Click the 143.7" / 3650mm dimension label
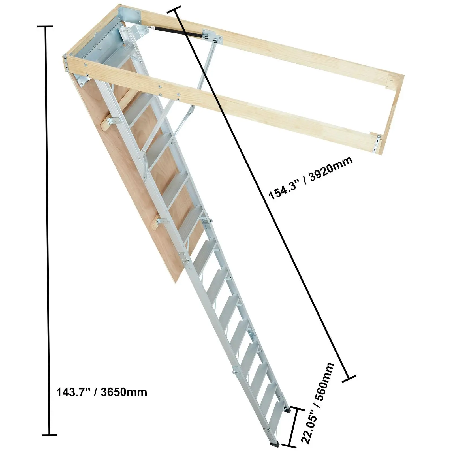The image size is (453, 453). click(x=102, y=392)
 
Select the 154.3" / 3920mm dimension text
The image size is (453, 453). click(x=311, y=178)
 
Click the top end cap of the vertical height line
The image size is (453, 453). click(x=45, y=27)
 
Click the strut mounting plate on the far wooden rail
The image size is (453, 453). click(x=212, y=36)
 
